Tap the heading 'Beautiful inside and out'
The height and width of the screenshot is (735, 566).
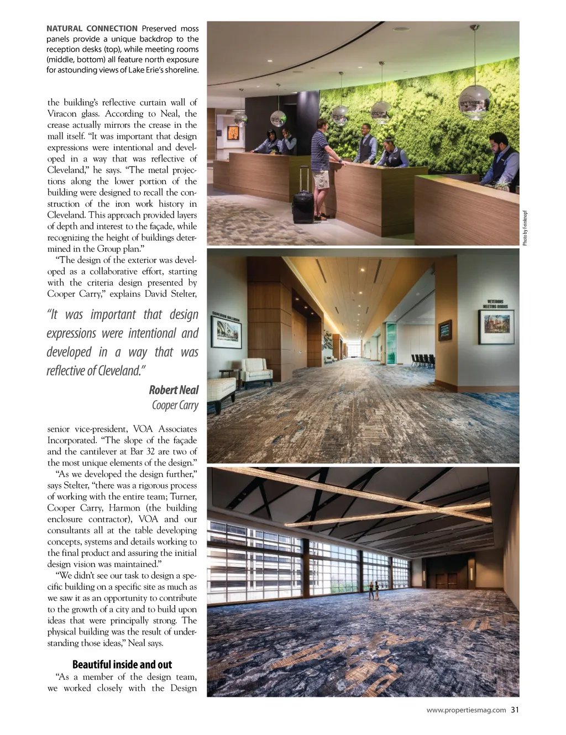pos(122,664)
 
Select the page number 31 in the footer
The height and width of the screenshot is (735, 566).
pos(515,710)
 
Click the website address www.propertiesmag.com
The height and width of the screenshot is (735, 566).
pos(466,710)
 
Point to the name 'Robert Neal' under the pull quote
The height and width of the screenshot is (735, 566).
pos(174,390)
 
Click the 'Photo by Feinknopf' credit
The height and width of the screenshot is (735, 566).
pos(525,228)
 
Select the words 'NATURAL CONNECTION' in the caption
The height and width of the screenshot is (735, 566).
pos(92,29)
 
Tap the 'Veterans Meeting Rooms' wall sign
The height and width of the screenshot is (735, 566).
pos(495,304)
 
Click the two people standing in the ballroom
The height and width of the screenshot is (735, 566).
pos(374,590)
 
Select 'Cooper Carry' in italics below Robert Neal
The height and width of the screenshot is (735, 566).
pos(175,406)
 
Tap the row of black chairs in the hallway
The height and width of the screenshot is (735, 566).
pos(423,360)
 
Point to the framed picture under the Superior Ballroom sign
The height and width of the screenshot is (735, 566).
pos(227,332)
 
